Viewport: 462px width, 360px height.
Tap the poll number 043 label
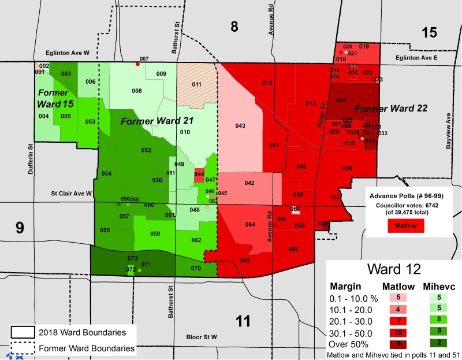point(240,126)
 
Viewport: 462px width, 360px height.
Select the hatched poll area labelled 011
point(196,85)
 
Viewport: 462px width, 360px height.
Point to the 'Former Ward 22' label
point(382,109)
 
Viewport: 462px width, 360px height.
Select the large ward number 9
point(20,228)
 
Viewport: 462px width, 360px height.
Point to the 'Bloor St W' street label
point(201,337)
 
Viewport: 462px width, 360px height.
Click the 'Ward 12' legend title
point(393,270)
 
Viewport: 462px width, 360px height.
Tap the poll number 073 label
point(132,258)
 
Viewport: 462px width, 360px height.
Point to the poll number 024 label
point(341,100)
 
